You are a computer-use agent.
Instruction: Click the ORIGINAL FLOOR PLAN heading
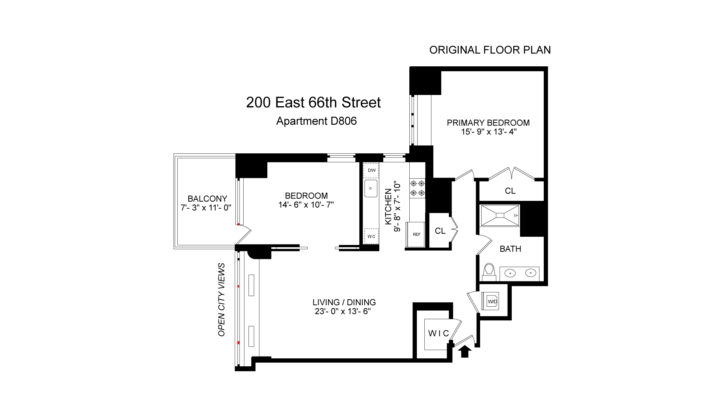point(490,50)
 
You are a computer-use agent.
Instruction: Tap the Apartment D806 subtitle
point(316,121)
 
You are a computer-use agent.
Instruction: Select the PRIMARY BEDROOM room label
point(488,122)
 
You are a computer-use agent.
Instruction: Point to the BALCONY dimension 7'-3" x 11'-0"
point(206,207)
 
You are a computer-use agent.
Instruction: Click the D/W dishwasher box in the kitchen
point(371,170)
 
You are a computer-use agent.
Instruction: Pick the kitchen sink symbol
point(371,188)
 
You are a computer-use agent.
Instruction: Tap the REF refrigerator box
point(416,234)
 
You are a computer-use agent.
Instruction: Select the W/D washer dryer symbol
point(492,301)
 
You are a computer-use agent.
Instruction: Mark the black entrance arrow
point(465,351)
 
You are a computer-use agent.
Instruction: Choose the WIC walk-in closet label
point(439,333)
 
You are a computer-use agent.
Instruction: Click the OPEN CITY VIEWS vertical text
point(221,300)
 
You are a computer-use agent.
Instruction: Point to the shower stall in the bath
point(500,215)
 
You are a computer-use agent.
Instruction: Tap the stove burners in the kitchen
point(417,188)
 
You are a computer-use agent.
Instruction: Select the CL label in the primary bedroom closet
point(510,191)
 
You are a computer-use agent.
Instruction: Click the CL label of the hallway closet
point(440,231)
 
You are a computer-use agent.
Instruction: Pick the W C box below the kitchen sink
point(371,236)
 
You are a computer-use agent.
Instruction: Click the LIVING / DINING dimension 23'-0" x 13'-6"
point(344,312)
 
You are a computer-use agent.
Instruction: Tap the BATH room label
point(510,249)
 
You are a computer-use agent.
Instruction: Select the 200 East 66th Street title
point(313,103)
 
